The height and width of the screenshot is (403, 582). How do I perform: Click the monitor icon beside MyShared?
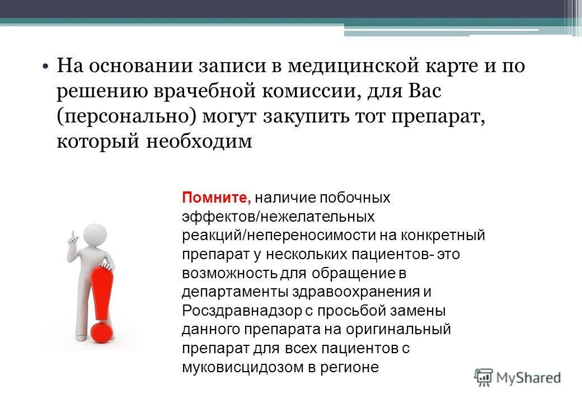point(483,377)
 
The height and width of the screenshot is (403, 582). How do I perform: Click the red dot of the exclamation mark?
point(102,331)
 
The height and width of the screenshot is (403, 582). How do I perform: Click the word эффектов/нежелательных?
point(278,216)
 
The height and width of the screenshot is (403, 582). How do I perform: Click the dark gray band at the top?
point(280,8)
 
